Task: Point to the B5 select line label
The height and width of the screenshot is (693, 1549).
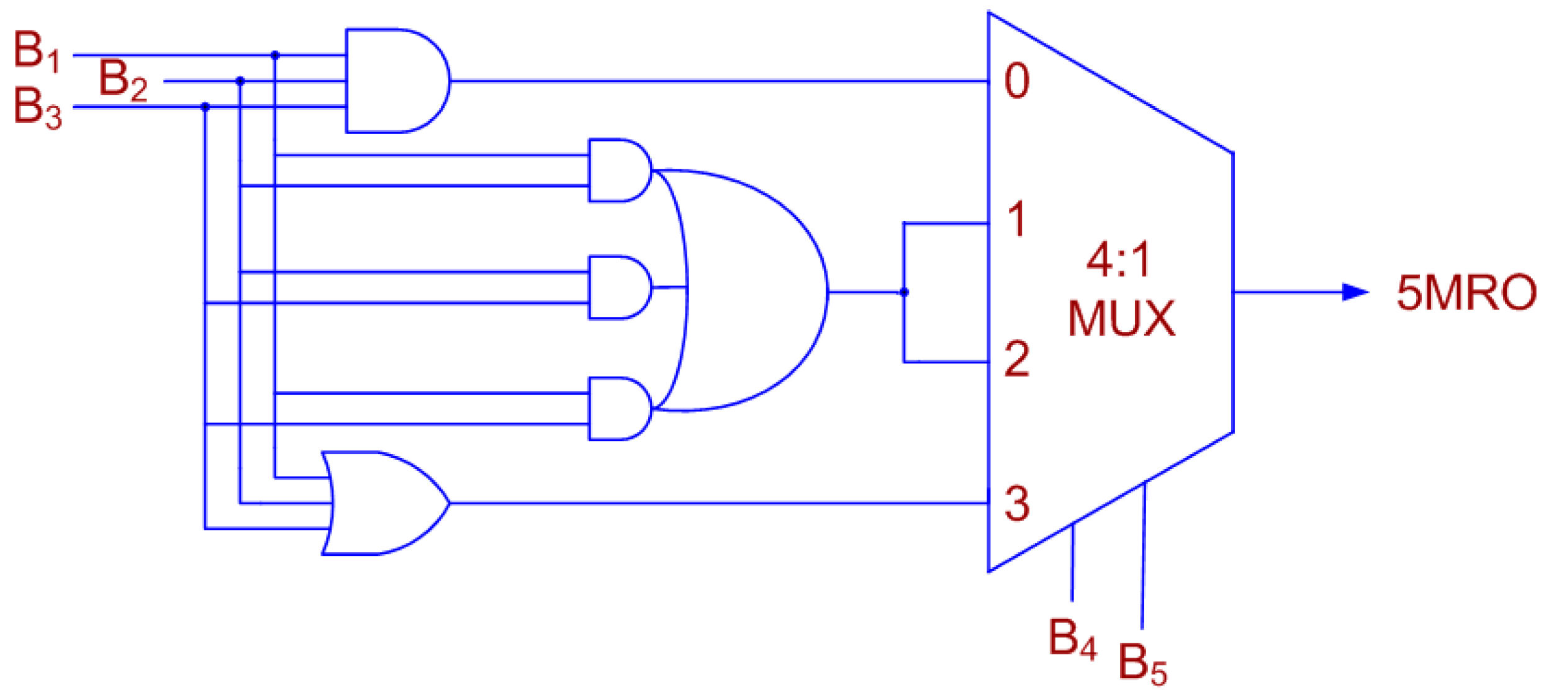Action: coord(1142,664)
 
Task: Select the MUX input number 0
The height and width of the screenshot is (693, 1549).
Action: coord(1017,81)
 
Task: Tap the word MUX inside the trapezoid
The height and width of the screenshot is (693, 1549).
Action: coord(1121,318)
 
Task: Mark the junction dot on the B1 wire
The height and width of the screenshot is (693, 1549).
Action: coord(275,55)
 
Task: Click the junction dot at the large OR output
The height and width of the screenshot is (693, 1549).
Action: coord(904,292)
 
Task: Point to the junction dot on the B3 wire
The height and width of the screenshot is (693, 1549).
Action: coord(205,107)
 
